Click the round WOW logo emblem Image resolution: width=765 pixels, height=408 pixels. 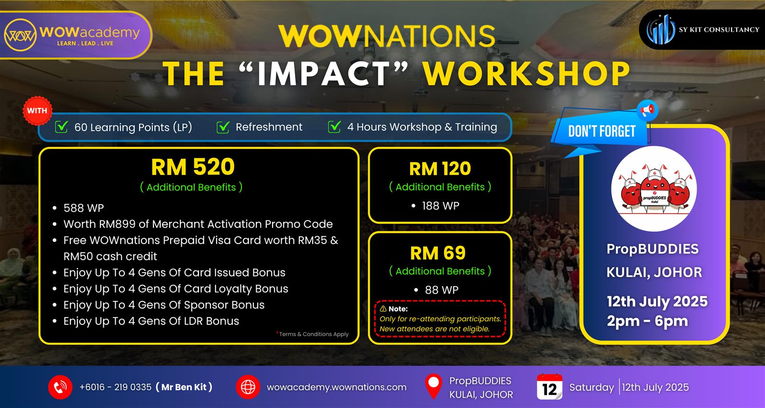20,35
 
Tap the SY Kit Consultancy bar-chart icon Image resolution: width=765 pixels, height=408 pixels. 660,30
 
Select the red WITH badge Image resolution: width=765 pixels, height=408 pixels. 37,110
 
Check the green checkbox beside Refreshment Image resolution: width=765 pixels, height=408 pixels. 223,127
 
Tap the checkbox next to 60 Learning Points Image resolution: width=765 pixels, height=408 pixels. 62,127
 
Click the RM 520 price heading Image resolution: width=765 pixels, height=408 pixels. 193,167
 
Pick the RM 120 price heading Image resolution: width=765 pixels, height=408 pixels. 440,169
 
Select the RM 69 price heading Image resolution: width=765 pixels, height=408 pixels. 438,253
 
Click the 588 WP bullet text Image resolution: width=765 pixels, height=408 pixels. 84,208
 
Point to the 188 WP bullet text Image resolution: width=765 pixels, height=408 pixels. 440,206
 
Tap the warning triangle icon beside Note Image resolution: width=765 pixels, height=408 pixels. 383,309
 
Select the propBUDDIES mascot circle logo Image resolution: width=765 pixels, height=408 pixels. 654,189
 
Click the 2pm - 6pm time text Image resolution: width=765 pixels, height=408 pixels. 647,321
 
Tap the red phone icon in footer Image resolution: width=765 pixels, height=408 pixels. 60,387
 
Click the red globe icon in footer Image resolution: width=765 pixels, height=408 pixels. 248,387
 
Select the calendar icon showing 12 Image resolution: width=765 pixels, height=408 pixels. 549,387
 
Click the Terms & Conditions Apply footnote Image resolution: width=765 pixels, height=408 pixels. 313,334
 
